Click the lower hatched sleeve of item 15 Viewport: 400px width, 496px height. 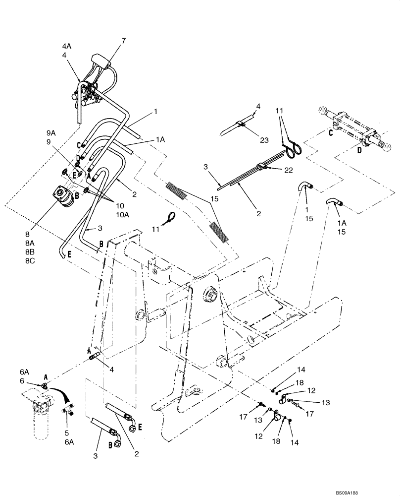220,232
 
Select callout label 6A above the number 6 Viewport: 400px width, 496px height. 24,372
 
